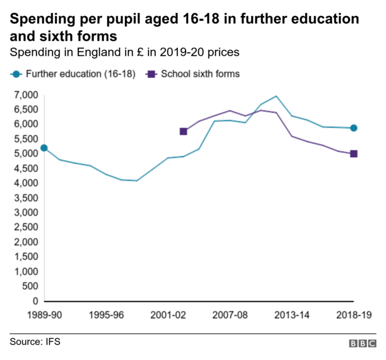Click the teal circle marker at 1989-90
click(x=44, y=148)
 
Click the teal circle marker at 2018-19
click(x=354, y=128)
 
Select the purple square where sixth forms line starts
click(x=183, y=131)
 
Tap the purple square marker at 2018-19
click(x=354, y=154)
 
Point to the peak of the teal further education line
click(x=276, y=96)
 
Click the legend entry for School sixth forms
click(x=192, y=74)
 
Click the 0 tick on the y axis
click(x=35, y=301)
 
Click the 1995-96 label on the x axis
click(x=106, y=315)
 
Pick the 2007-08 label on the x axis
click(x=229, y=315)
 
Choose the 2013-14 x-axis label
click(x=291, y=315)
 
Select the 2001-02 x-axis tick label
click(x=168, y=315)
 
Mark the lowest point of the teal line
click(x=136, y=181)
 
